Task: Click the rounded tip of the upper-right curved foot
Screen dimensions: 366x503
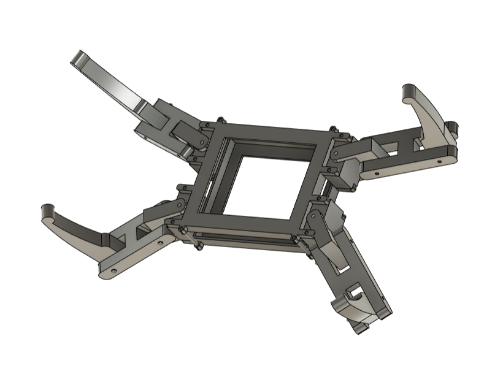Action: (407, 92)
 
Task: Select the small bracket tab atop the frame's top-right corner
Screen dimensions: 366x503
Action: (334, 131)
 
